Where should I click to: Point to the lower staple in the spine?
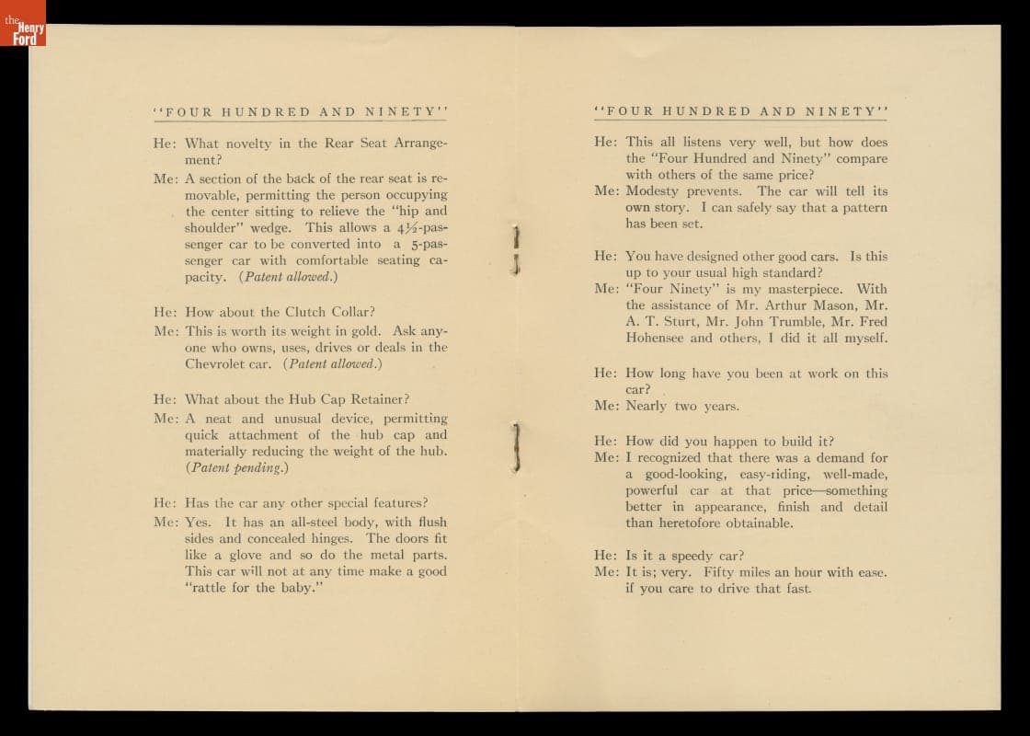(517, 448)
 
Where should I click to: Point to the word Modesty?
(654, 191)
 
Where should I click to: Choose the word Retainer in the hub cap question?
(377, 399)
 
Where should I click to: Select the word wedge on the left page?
(274, 227)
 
